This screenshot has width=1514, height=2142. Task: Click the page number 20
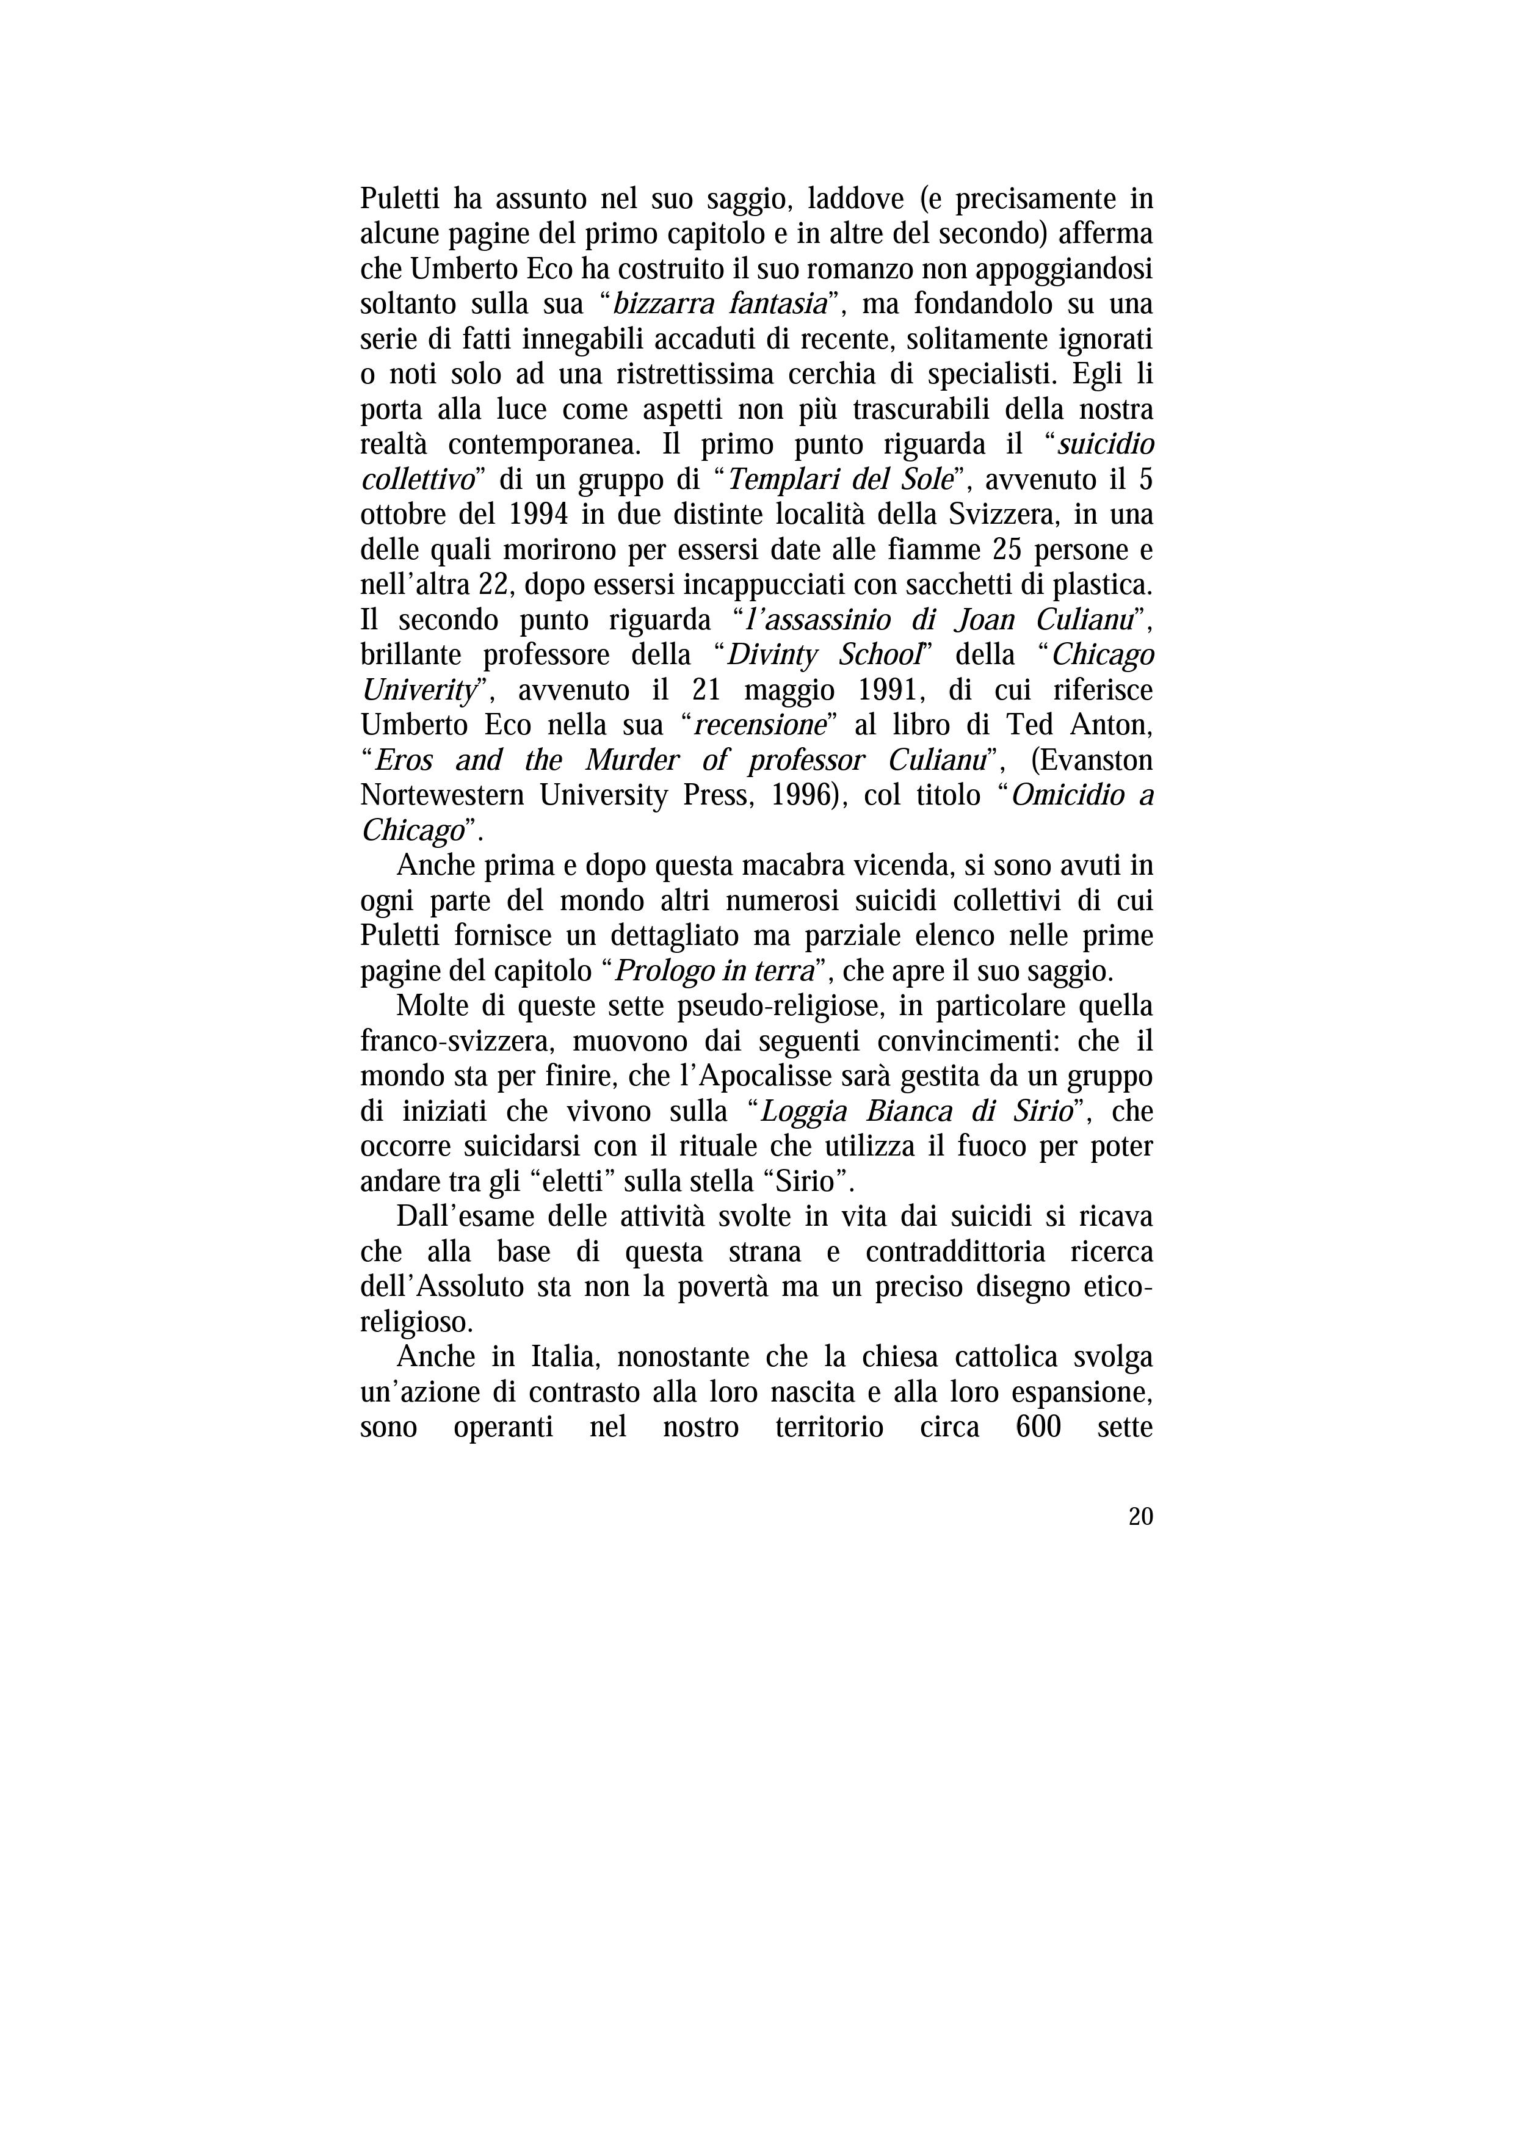coord(1140,1517)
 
